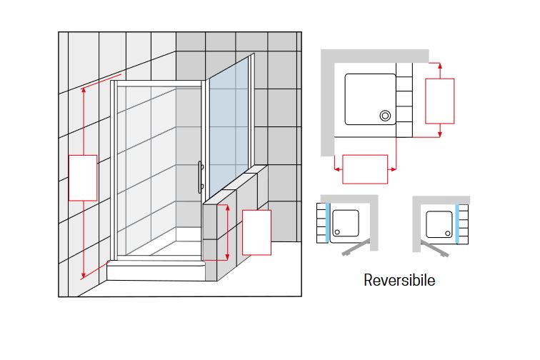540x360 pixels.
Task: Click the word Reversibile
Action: point(399,280)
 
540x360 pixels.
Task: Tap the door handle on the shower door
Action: point(201,176)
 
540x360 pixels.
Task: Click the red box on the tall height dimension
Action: point(82,178)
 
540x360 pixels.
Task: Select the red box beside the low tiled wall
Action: point(257,232)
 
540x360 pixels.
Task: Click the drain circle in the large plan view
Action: point(386,114)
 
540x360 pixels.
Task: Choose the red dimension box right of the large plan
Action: point(440,100)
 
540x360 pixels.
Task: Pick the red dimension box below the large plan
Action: point(365,169)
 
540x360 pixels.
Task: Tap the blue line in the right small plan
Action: point(455,224)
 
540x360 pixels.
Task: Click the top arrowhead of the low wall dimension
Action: point(228,207)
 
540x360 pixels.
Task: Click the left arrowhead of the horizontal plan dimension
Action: point(336,169)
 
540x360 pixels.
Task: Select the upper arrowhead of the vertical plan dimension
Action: point(440,65)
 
